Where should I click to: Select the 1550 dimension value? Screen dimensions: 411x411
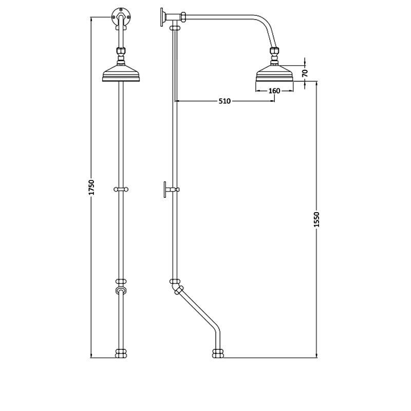[316, 220]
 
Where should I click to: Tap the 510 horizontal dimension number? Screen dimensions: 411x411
[223, 101]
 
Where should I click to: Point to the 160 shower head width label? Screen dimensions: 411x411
[274, 91]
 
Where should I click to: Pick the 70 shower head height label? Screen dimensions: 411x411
[305, 73]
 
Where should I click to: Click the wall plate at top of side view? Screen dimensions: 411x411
[163, 18]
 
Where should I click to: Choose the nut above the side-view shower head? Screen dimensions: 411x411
[274, 52]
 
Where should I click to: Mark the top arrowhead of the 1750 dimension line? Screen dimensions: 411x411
[91, 19]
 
